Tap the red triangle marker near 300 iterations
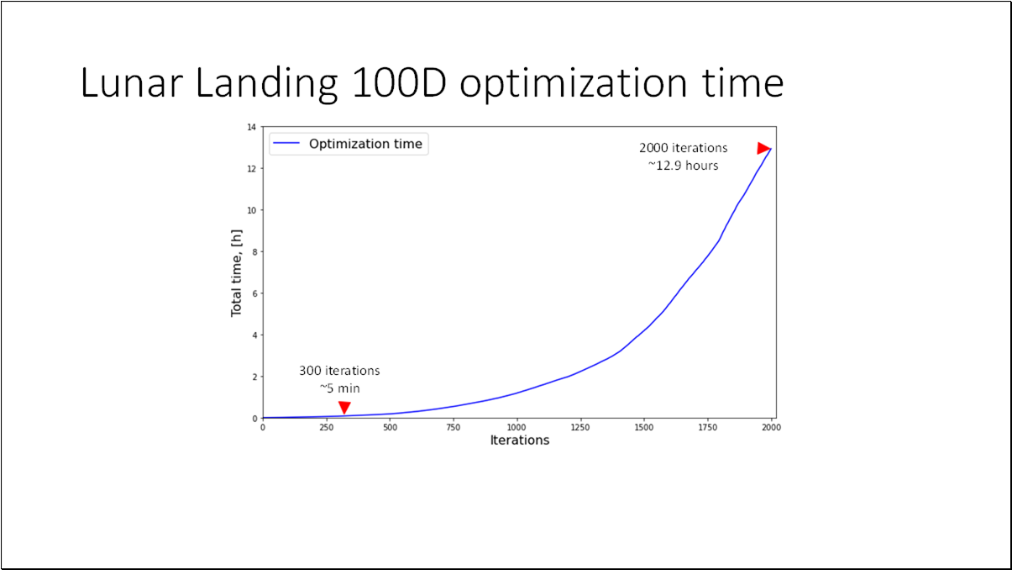(343, 408)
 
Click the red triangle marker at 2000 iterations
(763, 148)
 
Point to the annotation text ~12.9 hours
(683, 166)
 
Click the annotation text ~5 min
(339, 388)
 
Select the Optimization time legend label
(365, 144)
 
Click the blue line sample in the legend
(287, 144)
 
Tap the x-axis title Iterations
(519, 440)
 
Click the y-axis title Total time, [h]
(237, 272)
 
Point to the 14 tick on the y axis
(251, 127)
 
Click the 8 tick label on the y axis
(253, 251)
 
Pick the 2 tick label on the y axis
(253, 377)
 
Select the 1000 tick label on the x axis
(516, 426)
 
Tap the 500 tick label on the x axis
(390, 426)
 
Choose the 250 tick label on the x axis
(326, 426)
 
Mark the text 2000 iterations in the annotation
(683, 148)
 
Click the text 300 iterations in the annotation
(339, 371)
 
